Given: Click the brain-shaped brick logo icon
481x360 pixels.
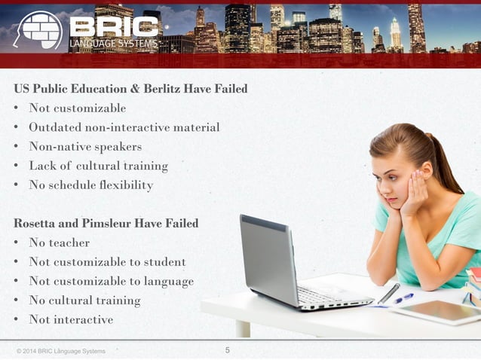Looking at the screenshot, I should [x=38, y=31].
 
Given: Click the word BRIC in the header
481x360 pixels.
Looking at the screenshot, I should [x=115, y=26].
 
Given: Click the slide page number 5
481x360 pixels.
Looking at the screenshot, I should [x=228, y=349].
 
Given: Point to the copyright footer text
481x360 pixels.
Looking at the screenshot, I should [x=61, y=351].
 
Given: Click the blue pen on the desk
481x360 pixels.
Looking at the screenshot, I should [x=404, y=298].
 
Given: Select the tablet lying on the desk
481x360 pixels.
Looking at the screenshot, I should [x=434, y=311].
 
